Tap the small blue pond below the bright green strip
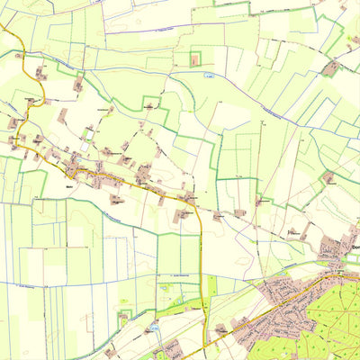point(156,331)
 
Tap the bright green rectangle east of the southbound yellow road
point(212,286)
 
